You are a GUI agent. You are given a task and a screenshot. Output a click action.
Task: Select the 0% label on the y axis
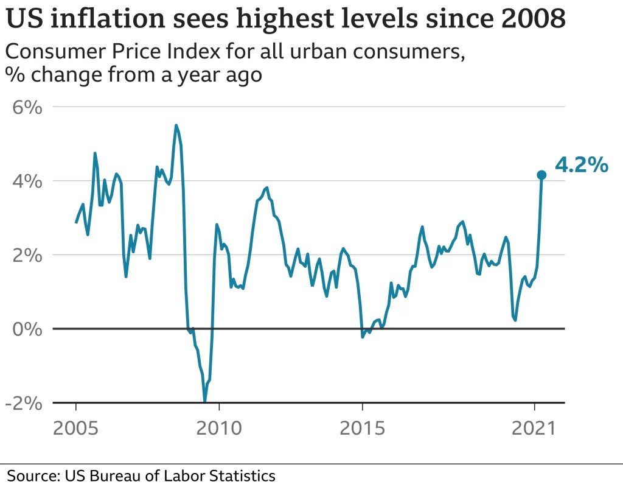28,329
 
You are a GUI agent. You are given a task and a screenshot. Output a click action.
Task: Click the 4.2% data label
582,164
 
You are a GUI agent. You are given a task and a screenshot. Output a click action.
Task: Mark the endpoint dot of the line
541,175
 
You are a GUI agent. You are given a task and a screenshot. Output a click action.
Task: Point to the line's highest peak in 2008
176,125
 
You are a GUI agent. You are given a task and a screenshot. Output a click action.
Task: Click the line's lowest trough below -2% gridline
205,401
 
